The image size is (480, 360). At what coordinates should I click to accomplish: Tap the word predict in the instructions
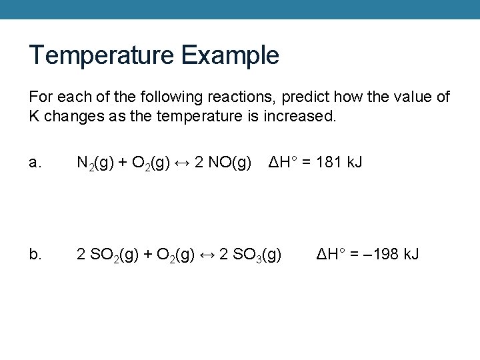303,97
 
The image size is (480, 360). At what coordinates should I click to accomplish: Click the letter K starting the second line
33,116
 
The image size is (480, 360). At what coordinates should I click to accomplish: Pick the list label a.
35,162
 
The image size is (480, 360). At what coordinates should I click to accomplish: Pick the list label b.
35,254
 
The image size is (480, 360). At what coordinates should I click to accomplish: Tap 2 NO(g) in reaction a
223,162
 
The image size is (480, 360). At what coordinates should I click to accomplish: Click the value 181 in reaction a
330,162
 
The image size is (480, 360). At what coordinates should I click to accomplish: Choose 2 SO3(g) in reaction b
251,254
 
